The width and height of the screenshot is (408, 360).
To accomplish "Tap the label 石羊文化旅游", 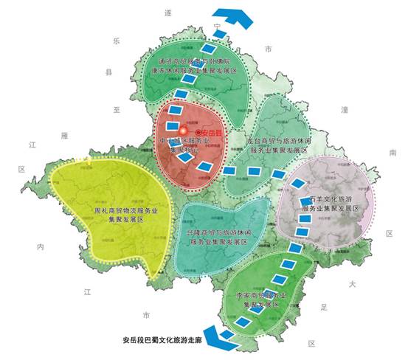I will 328,200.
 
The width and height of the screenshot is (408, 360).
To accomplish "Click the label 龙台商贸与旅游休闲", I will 277,139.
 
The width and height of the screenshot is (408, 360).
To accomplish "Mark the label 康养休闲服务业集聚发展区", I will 194,71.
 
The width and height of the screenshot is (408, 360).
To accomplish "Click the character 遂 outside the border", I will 167,13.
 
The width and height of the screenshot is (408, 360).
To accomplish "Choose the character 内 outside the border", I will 41,246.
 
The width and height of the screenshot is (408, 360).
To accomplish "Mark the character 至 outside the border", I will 116,109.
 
